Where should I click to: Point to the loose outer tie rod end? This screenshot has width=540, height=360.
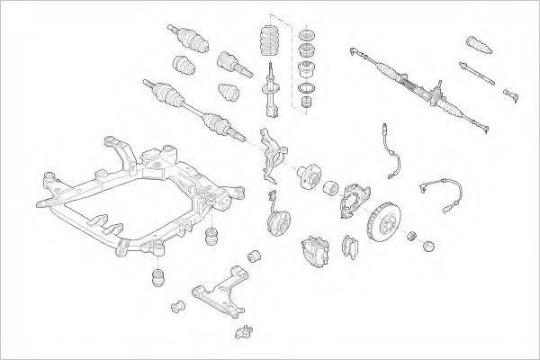coord(514,93)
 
